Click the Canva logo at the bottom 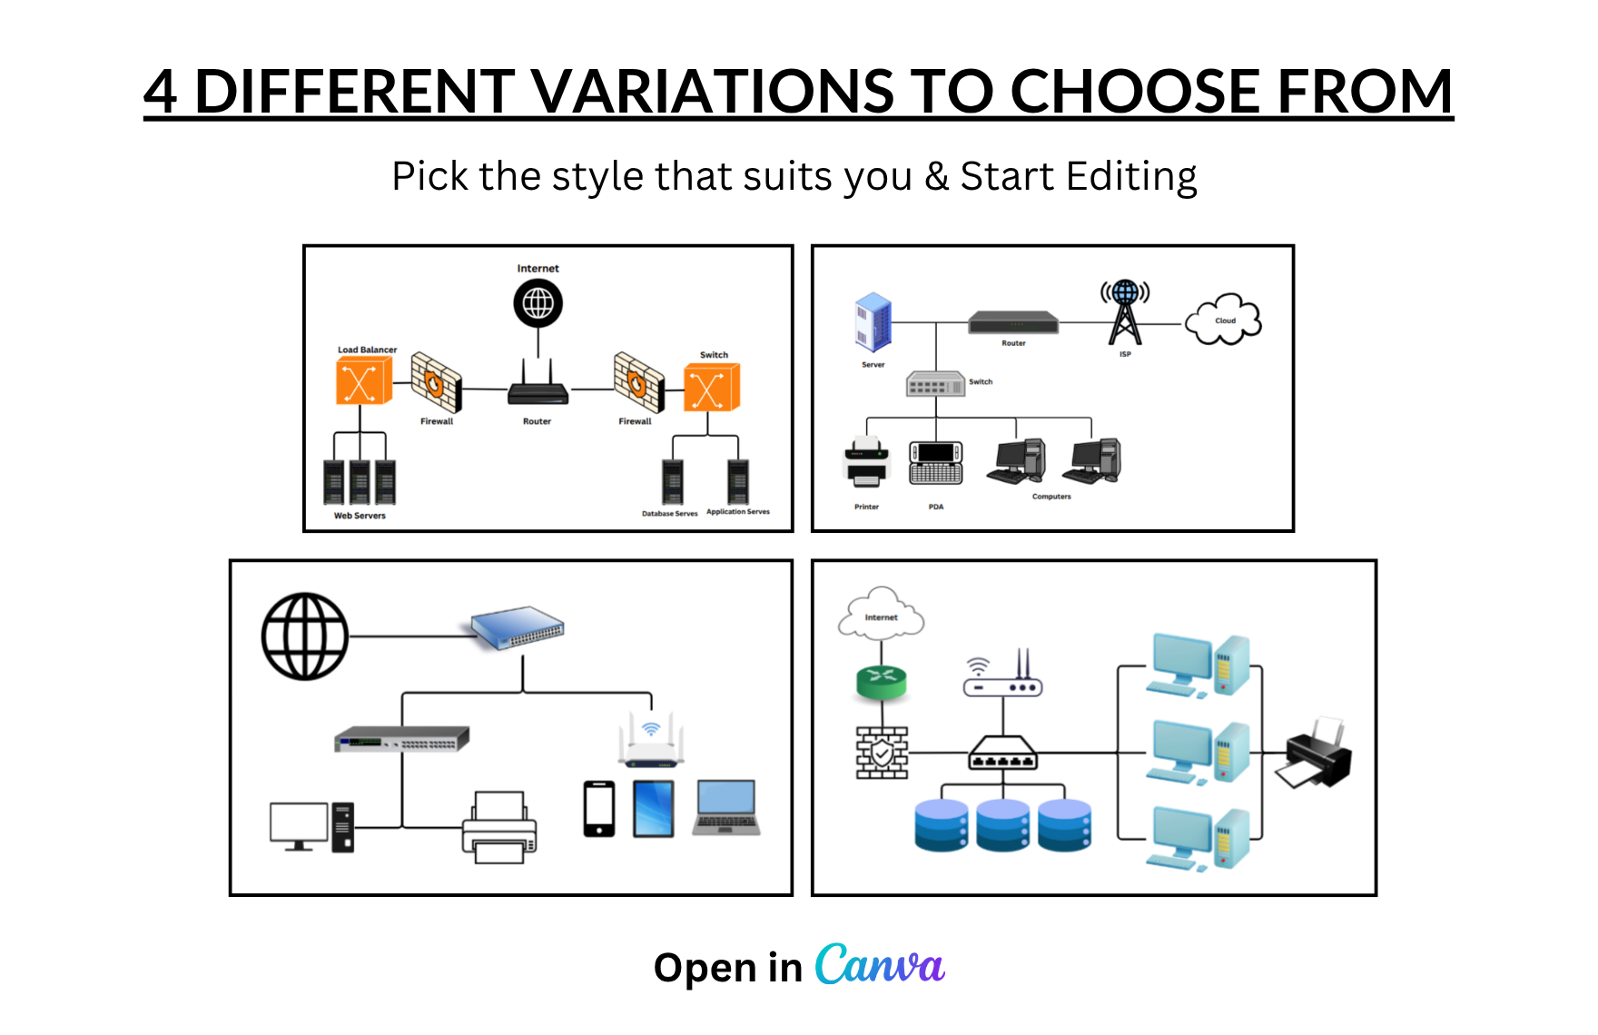point(880,965)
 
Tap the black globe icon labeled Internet point(538,303)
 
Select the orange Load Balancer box point(364,380)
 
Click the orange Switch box point(712,387)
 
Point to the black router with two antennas point(538,382)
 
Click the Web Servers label point(360,516)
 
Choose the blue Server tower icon point(873,322)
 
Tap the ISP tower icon point(1125,312)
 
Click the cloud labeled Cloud point(1223,319)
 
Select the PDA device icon point(936,463)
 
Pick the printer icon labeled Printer point(866,462)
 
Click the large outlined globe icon point(305,636)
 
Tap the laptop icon point(726,807)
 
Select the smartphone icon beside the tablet point(599,809)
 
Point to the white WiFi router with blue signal point(651,740)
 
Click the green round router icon point(882,682)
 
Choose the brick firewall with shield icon point(883,753)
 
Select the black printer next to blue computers point(1314,753)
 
